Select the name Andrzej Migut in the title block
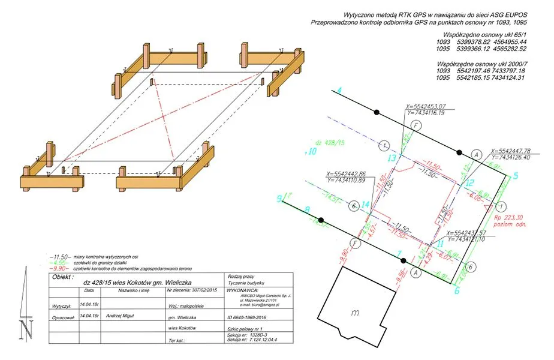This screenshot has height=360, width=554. tap(123, 314)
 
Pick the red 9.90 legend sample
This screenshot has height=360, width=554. tap(59, 268)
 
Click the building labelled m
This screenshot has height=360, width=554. tap(356, 312)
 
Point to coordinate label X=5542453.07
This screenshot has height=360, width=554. tap(425, 105)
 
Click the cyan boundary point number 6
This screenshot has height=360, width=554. tap(456, 292)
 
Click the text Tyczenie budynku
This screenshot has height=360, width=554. tap(246, 283)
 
